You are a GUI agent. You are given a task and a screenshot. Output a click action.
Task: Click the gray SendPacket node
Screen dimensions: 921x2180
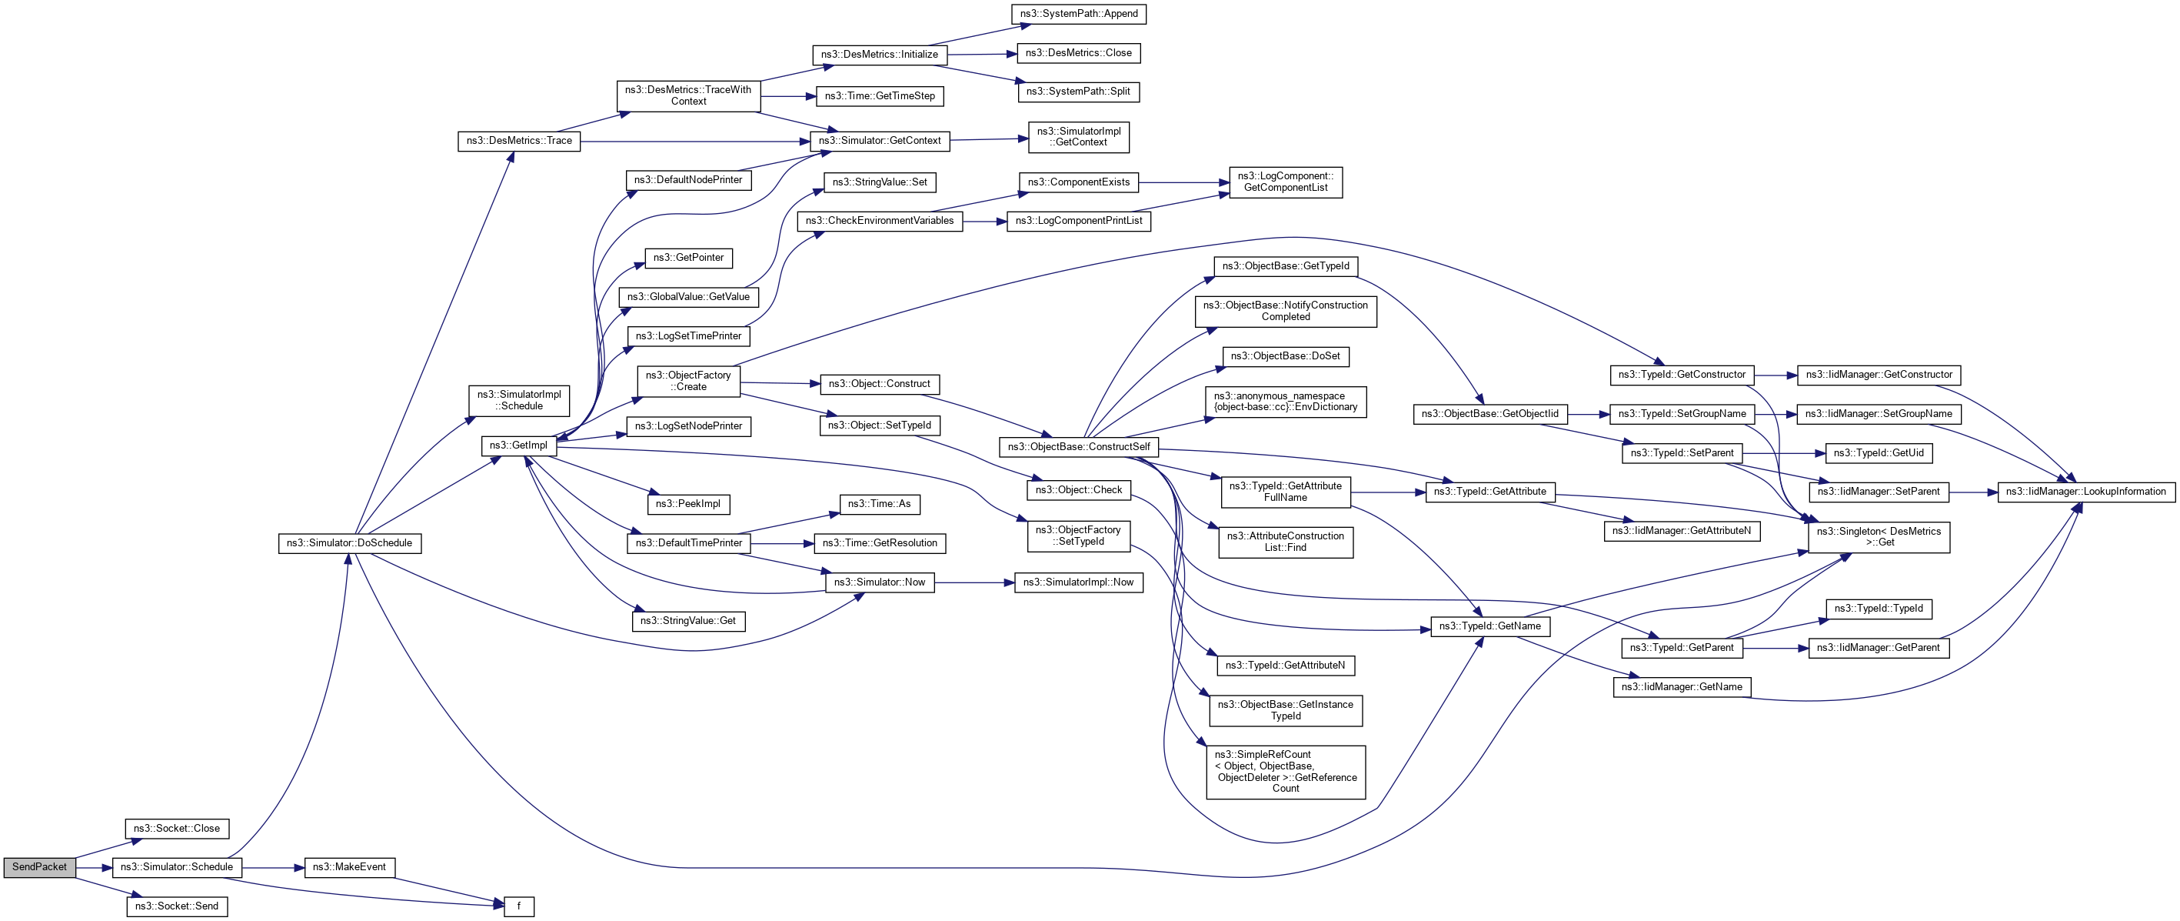tap(39, 867)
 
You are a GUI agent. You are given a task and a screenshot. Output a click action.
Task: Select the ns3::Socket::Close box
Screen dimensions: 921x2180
tap(177, 829)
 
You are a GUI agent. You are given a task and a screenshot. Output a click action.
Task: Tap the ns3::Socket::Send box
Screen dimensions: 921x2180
tap(177, 906)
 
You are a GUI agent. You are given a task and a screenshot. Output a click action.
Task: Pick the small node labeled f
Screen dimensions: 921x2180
tap(519, 906)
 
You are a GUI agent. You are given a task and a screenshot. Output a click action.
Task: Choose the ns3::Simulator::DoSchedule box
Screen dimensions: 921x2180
tap(350, 542)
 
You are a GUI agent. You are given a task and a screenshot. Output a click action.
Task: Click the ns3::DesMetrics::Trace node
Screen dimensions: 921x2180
tap(519, 141)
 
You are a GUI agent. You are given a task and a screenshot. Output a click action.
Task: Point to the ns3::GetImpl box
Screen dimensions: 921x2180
tap(519, 445)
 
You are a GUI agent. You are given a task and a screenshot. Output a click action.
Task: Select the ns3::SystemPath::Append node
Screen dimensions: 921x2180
tap(1079, 14)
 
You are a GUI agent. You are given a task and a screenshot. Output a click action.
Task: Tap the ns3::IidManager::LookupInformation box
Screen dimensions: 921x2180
tap(2085, 492)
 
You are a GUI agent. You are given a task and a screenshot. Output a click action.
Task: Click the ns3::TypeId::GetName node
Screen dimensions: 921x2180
tap(1490, 626)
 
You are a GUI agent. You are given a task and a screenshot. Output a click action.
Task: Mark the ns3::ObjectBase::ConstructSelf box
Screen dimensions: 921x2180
tap(1079, 446)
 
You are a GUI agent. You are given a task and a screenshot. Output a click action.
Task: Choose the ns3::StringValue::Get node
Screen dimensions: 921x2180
tap(688, 620)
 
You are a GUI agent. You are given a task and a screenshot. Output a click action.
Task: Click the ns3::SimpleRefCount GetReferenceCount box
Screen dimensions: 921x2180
tap(1286, 771)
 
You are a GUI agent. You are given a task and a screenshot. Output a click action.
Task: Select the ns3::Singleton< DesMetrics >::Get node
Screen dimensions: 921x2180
tap(1879, 537)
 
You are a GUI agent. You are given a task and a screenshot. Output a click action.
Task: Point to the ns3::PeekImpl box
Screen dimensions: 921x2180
tap(688, 504)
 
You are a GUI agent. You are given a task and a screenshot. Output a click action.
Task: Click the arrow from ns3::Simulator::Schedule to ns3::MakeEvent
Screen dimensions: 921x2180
tap(272, 868)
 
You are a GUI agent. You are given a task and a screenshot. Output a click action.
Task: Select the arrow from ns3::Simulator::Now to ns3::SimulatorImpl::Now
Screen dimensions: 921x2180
tap(974, 582)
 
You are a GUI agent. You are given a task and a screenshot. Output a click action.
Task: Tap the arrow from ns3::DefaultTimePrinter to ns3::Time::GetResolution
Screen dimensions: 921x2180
tap(781, 543)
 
